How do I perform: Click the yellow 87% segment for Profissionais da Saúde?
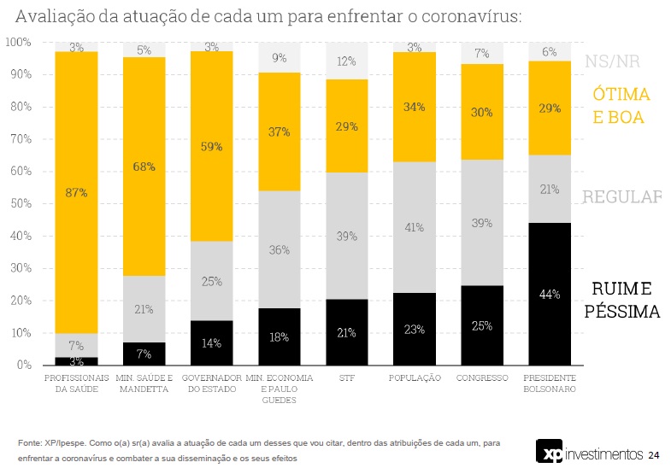pyautogui.click(x=76, y=192)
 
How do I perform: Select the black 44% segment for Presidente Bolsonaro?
pyautogui.click(x=550, y=294)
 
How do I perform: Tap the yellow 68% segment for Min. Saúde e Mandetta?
pyautogui.click(x=144, y=167)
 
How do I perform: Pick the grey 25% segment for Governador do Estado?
pyautogui.click(x=211, y=281)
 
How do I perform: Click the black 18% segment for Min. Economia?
pyautogui.click(x=279, y=336)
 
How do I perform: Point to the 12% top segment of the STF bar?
pyautogui.click(x=346, y=61)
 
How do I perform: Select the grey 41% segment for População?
pyautogui.click(x=414, y=227)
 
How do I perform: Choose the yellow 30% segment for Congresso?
pyautogui.click(x=482, y=112)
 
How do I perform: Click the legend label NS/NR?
pyautogui.click(x=612, y=61)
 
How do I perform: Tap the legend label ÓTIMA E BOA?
pyautogui.click(x=621, y=105)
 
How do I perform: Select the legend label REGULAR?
pyautogui.click(x=621, y=197)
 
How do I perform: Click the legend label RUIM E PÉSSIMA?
pyautogui.click(x=621, y=300)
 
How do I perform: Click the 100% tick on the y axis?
pyautogui.click(x=17, y=42)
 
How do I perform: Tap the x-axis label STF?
pyautogui.click(x=346, y=377)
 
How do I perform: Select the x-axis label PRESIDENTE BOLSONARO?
pyautogui.click(x=550, y=383)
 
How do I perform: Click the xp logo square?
pyautogui.click(x=548, y=452)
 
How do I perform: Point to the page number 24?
pyautogui.click(x=653, y=453)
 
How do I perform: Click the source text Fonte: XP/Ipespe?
pyautogui.click(x=54, y=443)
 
